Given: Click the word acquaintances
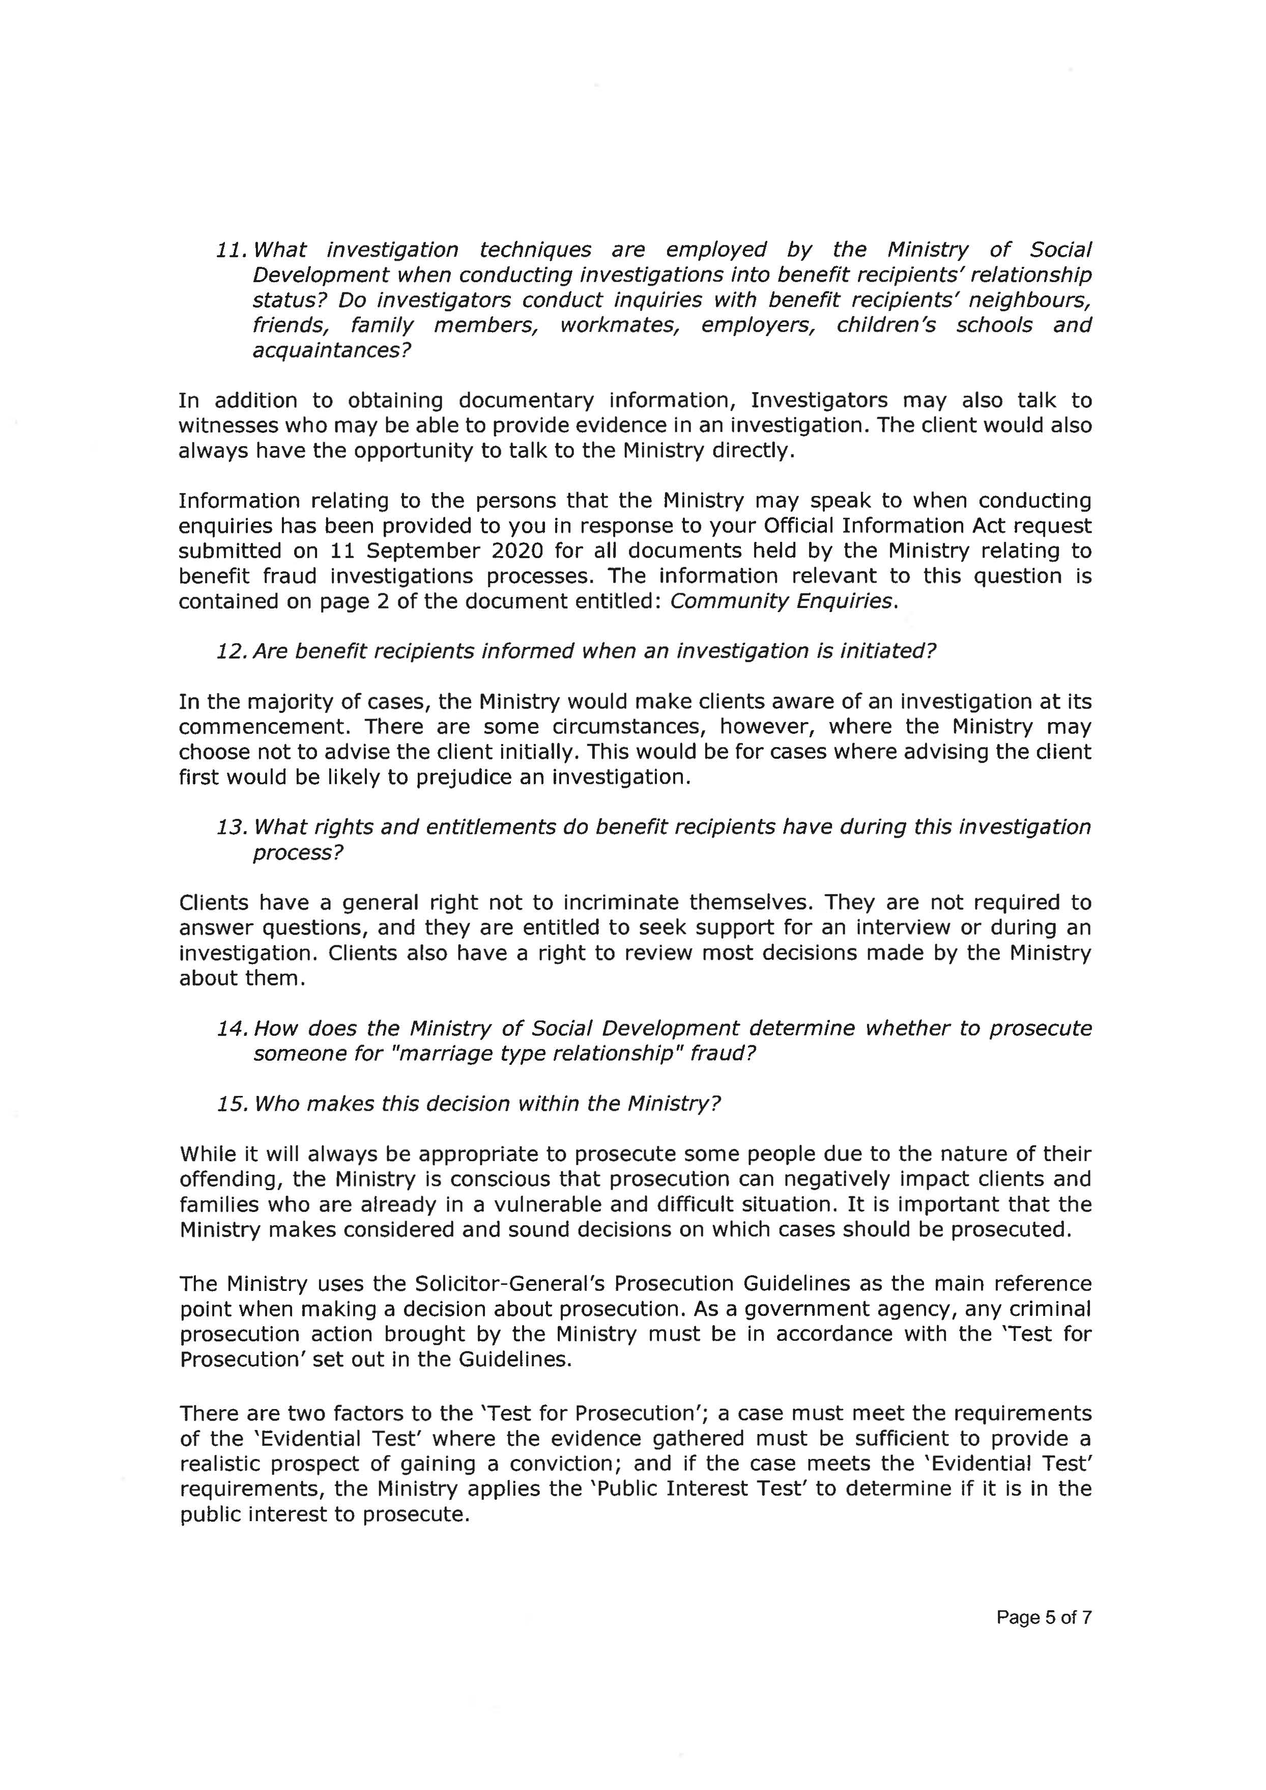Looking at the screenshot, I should (331, 350).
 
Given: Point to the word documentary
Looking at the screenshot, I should (526, 401).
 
